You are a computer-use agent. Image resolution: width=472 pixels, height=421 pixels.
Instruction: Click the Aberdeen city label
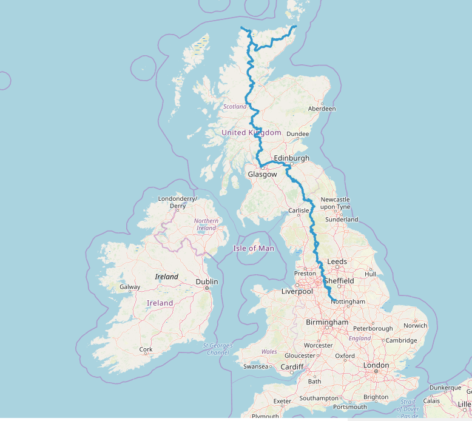(x=322, y=109)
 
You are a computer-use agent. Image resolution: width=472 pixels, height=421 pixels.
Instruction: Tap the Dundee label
(x=297, y=133)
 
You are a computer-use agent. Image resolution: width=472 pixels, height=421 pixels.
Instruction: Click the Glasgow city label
(x=262, y=174)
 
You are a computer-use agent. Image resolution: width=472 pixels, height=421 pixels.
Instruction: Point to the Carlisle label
(x=299, y=210)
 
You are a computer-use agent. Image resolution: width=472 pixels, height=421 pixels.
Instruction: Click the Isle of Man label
(x=254, y=248)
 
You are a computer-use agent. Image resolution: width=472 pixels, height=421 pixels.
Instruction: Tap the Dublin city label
(x=206, y=281)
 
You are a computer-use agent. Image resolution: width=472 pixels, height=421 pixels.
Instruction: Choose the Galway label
(x=130, y=287)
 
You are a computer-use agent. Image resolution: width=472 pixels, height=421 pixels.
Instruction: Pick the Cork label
(x=146, y=349)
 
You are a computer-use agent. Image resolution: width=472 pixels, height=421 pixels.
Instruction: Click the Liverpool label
(x=297, y=291)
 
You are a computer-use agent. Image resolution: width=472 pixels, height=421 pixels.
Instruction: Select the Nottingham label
(x=349, y=301)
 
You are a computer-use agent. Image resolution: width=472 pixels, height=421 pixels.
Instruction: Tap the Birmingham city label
(x=327, y=322)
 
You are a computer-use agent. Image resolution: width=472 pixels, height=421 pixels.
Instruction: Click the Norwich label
(x=416, y=325)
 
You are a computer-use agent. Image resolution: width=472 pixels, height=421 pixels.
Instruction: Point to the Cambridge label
(x=401, y=340)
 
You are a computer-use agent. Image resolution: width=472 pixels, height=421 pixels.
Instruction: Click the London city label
(x=376, y=365)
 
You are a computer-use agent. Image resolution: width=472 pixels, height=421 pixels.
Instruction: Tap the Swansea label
(x=255, y=366)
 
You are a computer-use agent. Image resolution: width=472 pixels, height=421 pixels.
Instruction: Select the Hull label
(x=370, y=274)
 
